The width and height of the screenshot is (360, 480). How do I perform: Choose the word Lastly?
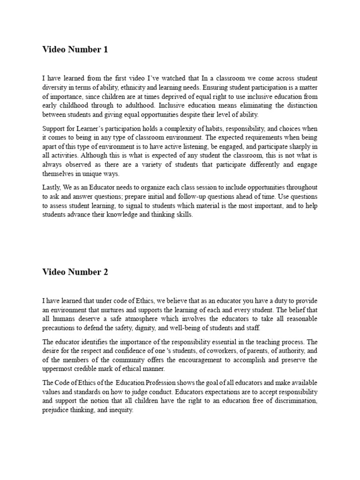pyautogui.click(x=52, y=187)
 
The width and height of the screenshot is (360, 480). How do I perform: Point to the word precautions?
pyautogui.click(x=60, y=328)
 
